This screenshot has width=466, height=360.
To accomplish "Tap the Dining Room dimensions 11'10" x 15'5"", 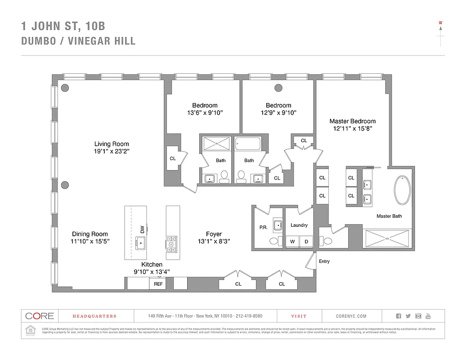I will point(90,242).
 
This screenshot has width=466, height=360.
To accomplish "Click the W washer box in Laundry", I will point(292,242).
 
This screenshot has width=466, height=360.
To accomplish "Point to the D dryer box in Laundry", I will point(306,242).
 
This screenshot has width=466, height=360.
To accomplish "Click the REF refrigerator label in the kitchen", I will point(158,284).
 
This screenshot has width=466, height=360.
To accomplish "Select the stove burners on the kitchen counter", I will point(171,243).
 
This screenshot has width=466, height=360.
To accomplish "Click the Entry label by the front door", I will point(324,261).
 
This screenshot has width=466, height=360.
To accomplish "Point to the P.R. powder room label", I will point(263,227).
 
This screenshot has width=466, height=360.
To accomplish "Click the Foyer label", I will point(214,234).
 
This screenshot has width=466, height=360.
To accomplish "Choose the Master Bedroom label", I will point(352,121).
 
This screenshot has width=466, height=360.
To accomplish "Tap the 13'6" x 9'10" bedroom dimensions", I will point(205,113).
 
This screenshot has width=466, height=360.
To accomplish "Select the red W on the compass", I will point(441,22).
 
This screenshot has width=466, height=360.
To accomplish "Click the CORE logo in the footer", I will point(39,316).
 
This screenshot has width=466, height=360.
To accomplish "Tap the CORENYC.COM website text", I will point(351,316).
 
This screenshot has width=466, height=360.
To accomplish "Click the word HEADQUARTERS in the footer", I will point(94,316).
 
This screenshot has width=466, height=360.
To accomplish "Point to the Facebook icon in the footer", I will point(399,316).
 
